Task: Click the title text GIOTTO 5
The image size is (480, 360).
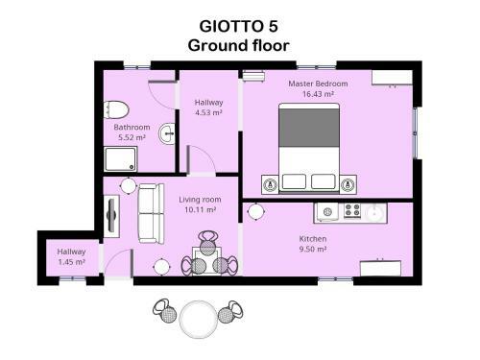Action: tap(238, 25)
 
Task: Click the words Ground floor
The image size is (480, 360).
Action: tap(238, 44)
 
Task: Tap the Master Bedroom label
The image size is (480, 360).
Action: tap(318, 84)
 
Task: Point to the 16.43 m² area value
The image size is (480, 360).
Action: tap(318, 94)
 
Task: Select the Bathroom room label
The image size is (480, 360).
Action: tap(132, 127)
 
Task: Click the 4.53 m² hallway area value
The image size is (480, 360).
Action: tap(208, 113)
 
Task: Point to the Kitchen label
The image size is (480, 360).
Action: tap(313, 238)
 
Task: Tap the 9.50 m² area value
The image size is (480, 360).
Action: tap(313, 249)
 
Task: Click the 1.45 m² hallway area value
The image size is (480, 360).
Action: tap(71, 262)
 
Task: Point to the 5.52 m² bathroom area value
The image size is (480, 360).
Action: tap(132, 137)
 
